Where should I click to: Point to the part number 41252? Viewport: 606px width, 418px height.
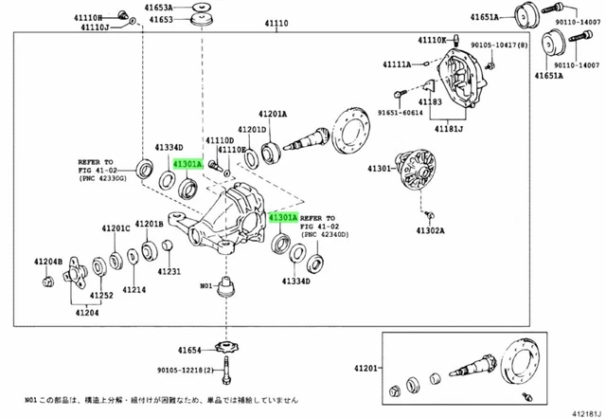101,296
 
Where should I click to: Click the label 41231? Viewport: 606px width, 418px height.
169,272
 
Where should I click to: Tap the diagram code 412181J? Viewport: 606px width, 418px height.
584,409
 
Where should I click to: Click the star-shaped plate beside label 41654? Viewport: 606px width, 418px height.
228,348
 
